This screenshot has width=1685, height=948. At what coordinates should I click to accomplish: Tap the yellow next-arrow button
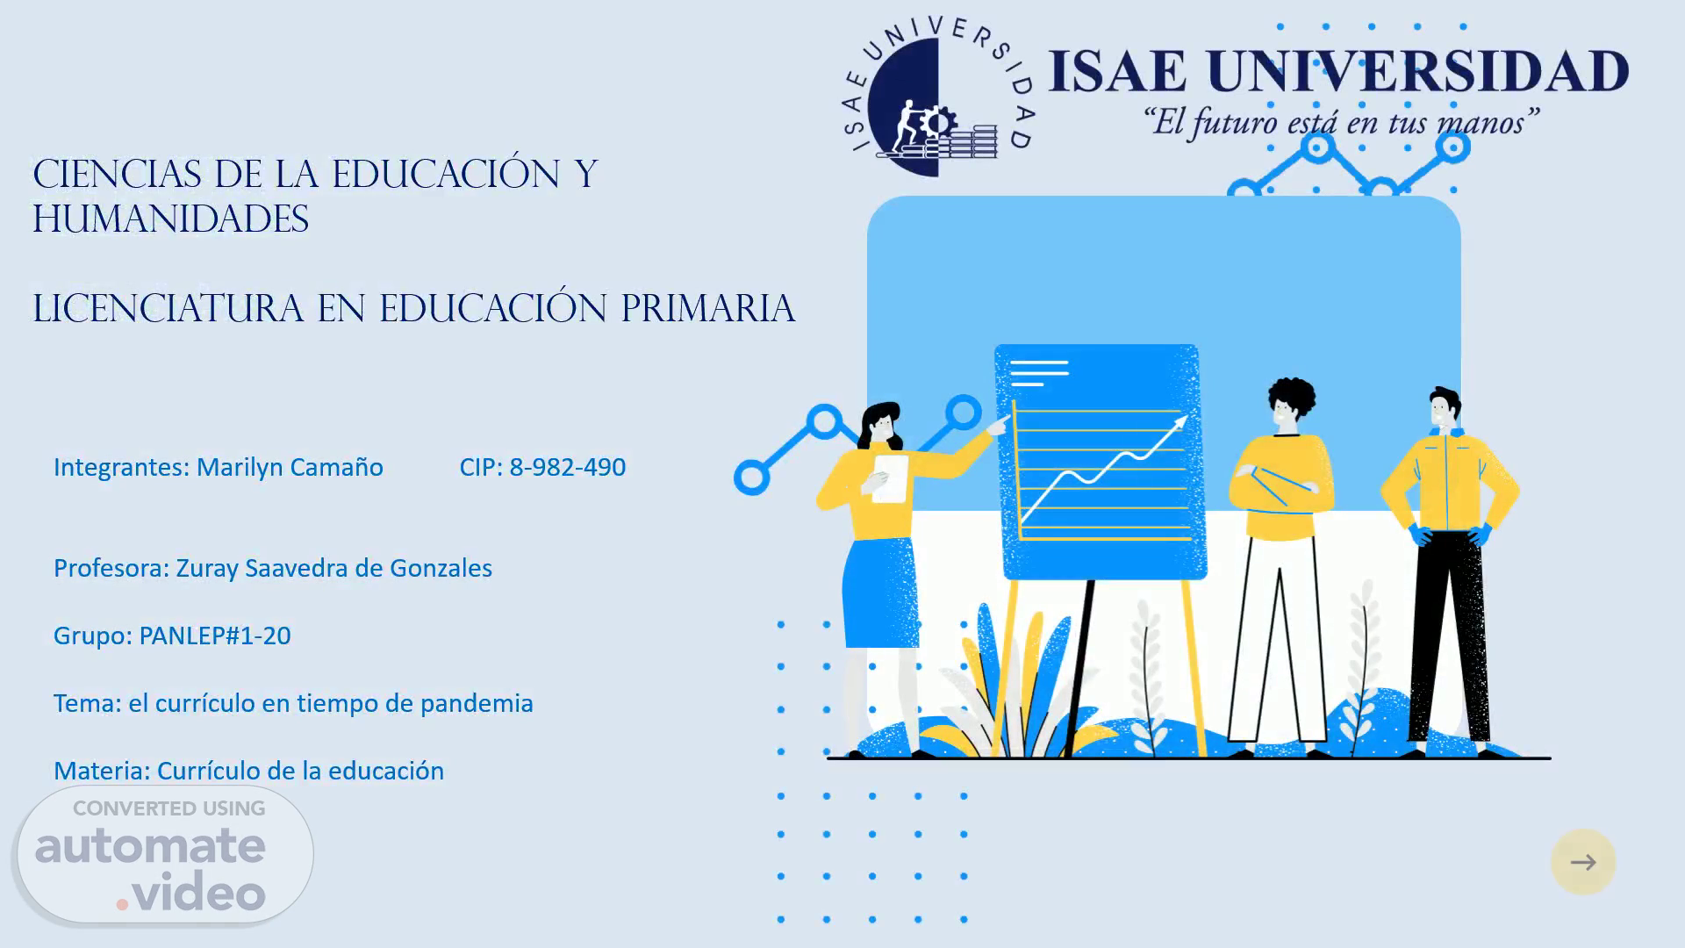tap(1583, 862)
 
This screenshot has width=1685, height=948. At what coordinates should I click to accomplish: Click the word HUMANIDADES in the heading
tap(170, 219)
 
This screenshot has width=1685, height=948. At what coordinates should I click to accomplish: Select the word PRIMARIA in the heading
tap(708, 309)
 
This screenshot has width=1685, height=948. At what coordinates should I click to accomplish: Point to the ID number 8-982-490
tap(567, 467)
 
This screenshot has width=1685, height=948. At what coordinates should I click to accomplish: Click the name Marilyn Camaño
tap(290, 467)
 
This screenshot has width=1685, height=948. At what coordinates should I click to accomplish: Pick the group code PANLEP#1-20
tap(215, 636)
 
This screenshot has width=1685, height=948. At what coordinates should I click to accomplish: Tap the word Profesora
tap(111, 568)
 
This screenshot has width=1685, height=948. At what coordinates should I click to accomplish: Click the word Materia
tap(102, 771)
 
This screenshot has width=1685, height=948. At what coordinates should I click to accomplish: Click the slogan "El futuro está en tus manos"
tap(1340, 122)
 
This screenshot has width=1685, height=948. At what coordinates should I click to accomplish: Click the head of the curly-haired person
tap(1291, 406)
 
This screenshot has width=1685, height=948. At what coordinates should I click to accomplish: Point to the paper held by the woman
tap(890, 478)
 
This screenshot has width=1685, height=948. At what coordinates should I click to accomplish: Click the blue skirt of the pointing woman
tap(879, 592)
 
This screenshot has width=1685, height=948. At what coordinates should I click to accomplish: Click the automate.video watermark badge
tap(165, 854)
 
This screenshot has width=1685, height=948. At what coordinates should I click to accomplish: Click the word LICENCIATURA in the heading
tap(168, 309)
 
